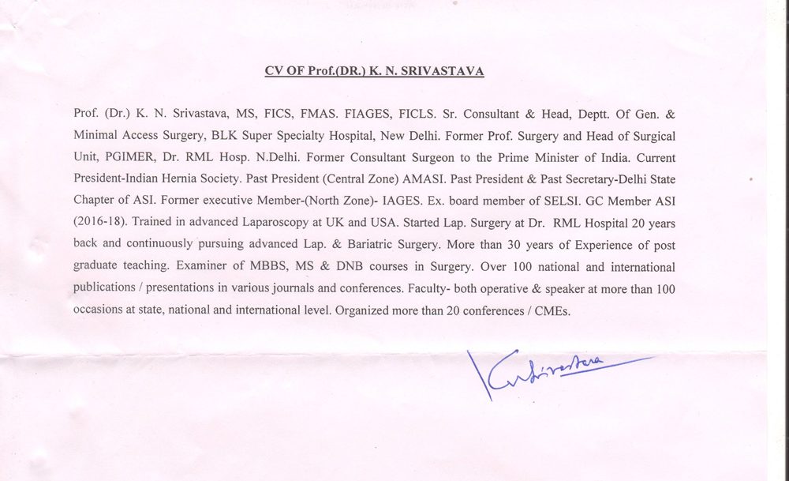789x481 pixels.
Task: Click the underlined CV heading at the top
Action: pos(374,71)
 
